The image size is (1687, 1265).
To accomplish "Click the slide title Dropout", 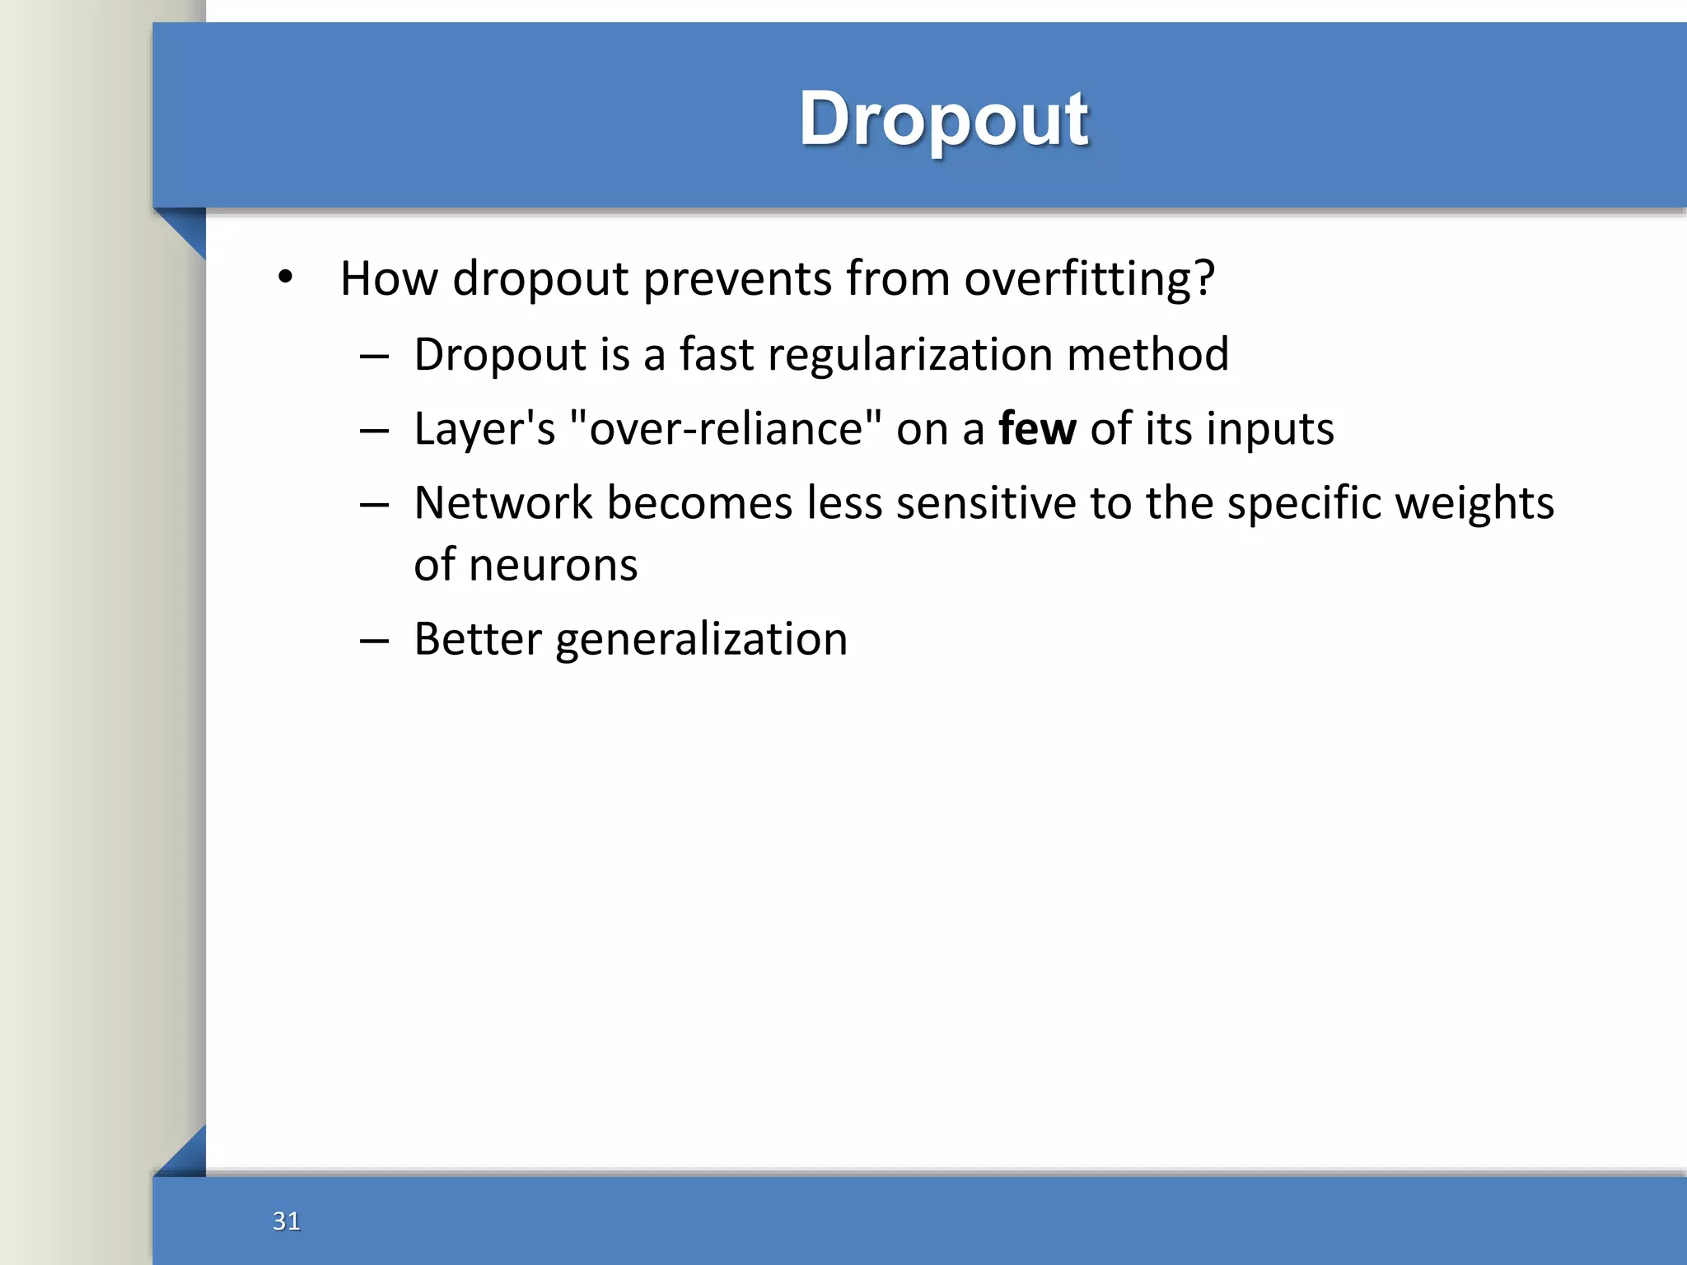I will point(943,119).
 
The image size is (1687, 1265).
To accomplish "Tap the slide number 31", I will point(286,1221).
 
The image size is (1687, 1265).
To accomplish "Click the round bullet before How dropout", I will point(285,278).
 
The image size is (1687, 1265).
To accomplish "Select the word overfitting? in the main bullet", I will point(1089,278).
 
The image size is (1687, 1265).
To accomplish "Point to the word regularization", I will point(909,354).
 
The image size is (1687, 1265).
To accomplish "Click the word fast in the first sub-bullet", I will point(716,354).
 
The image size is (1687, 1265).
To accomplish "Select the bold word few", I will point(1036,429).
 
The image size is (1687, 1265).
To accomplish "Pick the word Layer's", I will point(484,429).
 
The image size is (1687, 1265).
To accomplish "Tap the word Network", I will point(502,503).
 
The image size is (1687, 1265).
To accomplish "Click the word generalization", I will point(701,640).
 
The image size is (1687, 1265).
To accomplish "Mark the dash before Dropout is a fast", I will point(374,357).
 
